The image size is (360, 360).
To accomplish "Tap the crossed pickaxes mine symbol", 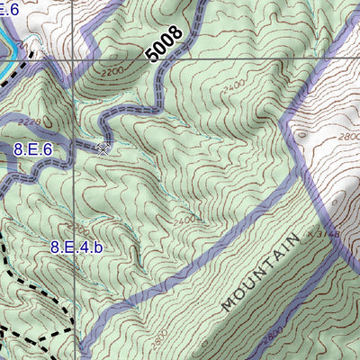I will pyautogui.click(x=103, y=147).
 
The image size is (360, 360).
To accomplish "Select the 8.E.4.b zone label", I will pyautogui.click(x=76, y=246).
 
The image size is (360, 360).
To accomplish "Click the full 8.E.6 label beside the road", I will pyautogui.click(x=33, y=150).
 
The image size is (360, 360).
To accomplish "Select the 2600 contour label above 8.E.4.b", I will pyautogui.click(x=78, y=226).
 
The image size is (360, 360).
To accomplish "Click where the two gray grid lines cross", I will pyautogui.click(x=72, y=59).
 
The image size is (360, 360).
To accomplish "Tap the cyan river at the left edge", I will pyautogui.click(x=5, y=45).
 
